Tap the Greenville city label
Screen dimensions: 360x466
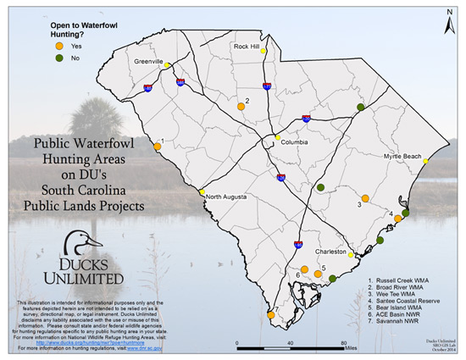coord(148,62)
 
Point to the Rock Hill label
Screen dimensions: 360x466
coord(249,47)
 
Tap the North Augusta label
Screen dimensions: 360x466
coord(226,196)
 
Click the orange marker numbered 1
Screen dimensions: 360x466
coord(158,147)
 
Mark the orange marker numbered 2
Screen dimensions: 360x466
coord(241,107)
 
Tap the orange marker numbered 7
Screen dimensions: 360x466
coord(271,314)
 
